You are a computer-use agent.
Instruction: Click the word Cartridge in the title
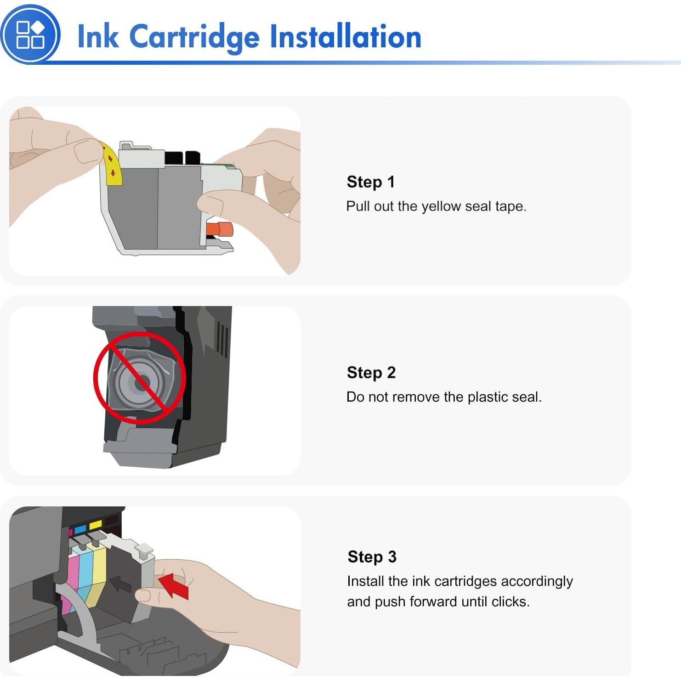click(x=194, y=38)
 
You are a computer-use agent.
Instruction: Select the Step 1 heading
click(x=370, y=182)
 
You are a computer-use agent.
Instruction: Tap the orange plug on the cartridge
click(x=220, y=229)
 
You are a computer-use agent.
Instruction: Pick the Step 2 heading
click(x=371, y=373)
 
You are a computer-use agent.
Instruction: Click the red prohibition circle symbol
click(x=140, y=378)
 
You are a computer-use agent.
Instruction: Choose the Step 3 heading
click(x=372, y=557)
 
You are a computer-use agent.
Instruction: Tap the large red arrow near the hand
click(x=174, y=585)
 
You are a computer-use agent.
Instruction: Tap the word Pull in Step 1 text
click(x=358, y=206)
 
